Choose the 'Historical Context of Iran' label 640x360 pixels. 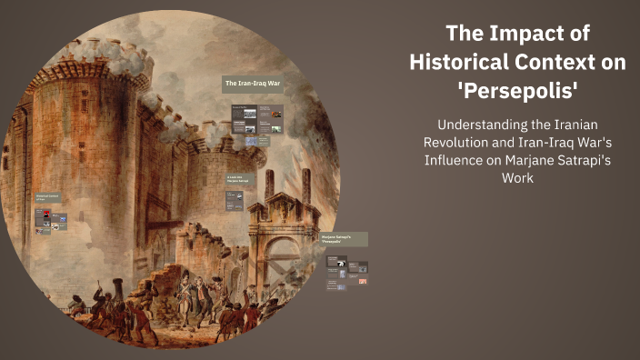[46, 197]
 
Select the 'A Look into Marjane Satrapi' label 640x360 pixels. [239, 180]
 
